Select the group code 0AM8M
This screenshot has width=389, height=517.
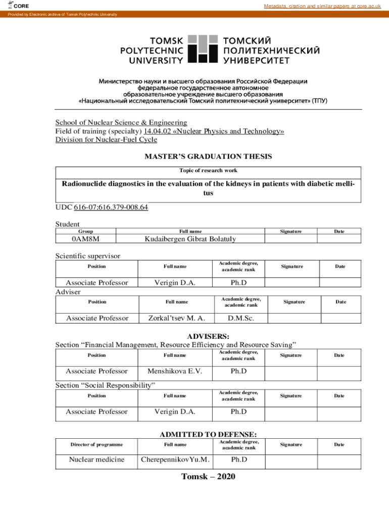85,239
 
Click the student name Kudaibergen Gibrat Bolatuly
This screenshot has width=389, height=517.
190,239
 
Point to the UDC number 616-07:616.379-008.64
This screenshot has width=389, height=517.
111,208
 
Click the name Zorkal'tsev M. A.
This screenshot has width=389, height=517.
176,318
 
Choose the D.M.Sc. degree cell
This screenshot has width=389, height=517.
241,318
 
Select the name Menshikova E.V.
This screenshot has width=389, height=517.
175,371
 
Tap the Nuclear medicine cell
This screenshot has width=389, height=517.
96,459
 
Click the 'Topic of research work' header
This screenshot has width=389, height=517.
208,171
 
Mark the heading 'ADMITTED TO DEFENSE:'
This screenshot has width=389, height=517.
208,434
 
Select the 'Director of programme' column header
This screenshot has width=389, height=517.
96,444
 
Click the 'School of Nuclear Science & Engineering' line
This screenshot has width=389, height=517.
121,122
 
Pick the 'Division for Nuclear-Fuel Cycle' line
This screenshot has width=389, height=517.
106,140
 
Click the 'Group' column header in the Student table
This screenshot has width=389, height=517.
85,231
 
